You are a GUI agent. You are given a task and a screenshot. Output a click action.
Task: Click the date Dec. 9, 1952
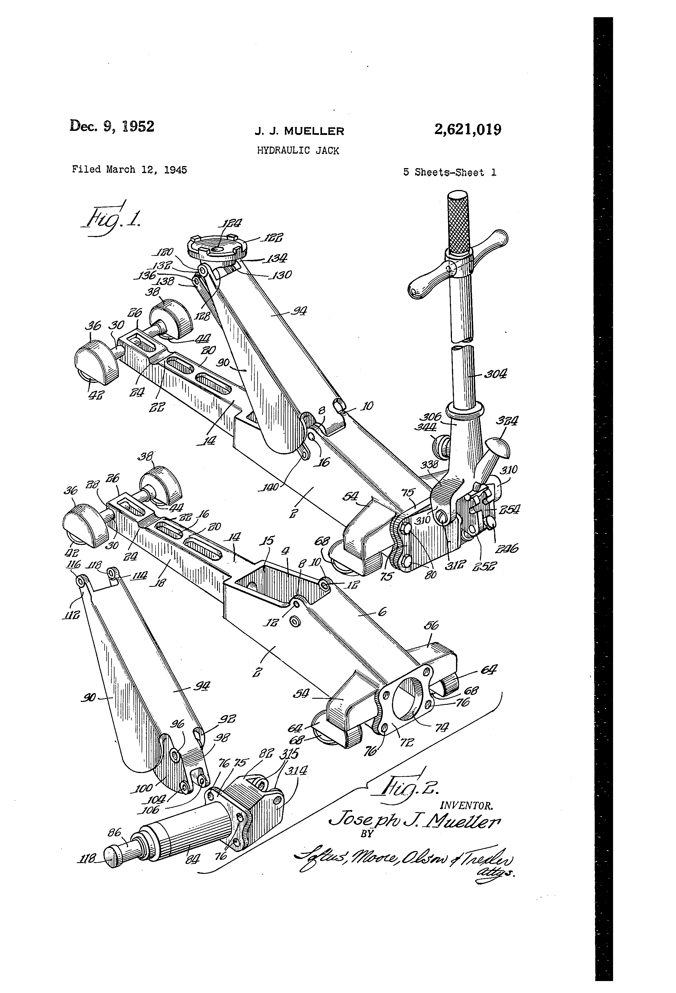[x=112, y=126]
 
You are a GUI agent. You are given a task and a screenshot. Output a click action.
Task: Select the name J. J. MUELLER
[x=299, y=131]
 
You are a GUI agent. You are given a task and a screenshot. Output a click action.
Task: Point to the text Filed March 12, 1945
[x=129, y=169]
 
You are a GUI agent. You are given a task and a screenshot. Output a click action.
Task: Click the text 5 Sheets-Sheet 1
[x=450, y=172]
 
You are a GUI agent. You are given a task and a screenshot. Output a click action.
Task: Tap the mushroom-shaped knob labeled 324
[x=497, y=446]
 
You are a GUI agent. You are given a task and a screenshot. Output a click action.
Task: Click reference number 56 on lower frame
[x=429, y=637]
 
